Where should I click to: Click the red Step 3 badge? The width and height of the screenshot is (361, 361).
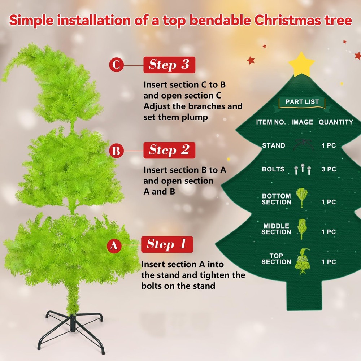coord(169,65)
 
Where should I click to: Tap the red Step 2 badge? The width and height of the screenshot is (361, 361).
coord(169,150)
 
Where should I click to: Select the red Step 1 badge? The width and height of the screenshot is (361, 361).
coord(167,244)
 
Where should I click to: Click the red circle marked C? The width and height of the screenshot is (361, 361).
coord(117,65)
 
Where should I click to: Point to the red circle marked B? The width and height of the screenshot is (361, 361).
coord(117,151)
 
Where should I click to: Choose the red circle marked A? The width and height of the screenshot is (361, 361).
coord(114,245)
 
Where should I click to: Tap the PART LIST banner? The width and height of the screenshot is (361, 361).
coord(302,102)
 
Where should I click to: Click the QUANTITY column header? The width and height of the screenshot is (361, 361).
coord(336,122)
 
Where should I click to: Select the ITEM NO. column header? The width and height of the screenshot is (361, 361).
coord(271,122)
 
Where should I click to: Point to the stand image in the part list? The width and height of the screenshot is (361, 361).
coord(303,145)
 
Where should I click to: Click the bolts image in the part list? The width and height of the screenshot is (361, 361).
coord(303,169)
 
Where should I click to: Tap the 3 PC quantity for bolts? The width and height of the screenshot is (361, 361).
coord(329,169)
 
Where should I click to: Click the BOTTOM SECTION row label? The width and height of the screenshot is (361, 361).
coord(276,199)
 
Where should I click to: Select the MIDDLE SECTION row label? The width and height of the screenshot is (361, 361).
coord(276,229)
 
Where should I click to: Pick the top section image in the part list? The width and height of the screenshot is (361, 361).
coord(303,261)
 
